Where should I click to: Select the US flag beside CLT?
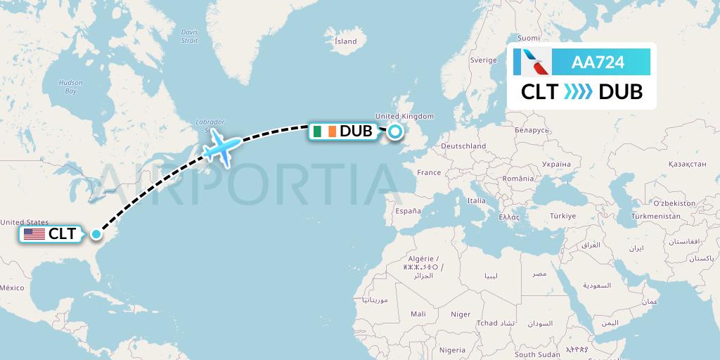point(34,234)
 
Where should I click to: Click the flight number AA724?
point(598,63)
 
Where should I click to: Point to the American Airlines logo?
point(533,63)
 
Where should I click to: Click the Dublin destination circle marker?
point(395,131)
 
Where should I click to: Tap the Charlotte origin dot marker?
point(96,234)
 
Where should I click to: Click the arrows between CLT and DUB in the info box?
point(579,92)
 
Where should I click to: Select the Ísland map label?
point(345,41)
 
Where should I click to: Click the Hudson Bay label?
point(70,86)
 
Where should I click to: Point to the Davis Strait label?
point(189,36)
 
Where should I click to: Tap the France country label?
point(428,172)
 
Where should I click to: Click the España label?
point(408,211)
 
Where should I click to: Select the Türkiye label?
point(562,216)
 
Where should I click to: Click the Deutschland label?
point(463,146)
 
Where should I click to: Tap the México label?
point(11,288)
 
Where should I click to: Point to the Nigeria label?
point(452,349)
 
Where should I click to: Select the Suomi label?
point(528,38)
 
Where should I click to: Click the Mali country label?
point(418,314)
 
